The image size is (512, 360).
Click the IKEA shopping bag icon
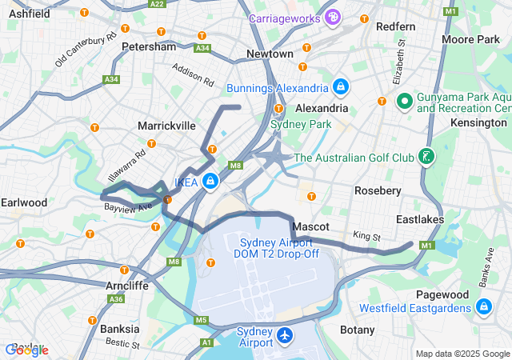point(210,182)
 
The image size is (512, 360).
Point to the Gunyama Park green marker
point(405,102)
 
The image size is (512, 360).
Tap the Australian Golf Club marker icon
point(427,158)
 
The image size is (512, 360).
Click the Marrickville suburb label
point(166,126)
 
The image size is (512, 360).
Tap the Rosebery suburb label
point(378,190)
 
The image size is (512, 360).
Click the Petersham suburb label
point(149,46)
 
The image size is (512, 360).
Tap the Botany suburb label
point(357,330)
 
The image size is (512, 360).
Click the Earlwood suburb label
point(24,202)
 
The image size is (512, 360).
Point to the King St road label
point(366,237)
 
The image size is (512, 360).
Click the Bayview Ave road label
point(128,207)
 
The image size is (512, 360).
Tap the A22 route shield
point(157,4)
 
